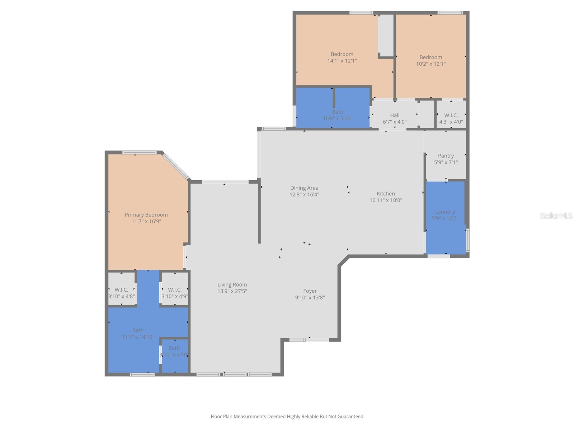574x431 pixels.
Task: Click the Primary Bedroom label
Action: click(x=146, y=215)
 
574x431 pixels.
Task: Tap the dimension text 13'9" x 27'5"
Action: click(x=232, y=291)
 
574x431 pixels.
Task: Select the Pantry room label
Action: click(x=446, y=156)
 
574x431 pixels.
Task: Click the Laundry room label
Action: click(x=445, y=212)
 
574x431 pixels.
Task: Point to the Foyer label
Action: click(x=310, y=291)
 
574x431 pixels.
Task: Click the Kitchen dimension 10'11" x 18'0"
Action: click(x=386, y=200)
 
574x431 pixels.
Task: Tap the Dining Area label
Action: click(x=304, y=188)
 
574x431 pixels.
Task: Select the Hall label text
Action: click(x=395, y=115)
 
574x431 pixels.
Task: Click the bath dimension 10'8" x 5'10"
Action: click(x=337, y=119)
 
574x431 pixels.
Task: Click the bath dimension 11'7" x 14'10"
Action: click(x=138, y=337)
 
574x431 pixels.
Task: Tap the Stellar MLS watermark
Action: click(x=556, y=215)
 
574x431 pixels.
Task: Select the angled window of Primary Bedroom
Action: click(x=176, y=166)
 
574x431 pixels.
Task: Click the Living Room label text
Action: click(x=232, y=284)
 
